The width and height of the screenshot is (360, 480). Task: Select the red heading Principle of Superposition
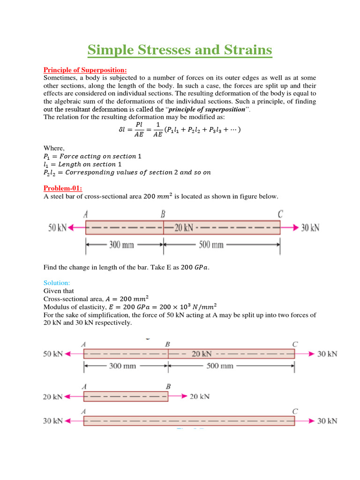pos(85,70)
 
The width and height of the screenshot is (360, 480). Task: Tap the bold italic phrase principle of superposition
pos(207,109)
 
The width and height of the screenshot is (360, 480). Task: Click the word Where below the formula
pos(54,148)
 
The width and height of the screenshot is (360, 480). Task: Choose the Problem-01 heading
pos(62,188)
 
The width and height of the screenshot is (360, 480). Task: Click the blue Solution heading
pos(56,283)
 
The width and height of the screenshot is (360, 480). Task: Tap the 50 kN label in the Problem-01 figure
pos(58,228)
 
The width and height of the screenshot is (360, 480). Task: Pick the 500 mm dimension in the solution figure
pos(219,366)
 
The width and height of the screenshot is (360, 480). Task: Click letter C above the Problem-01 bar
pos(280,215)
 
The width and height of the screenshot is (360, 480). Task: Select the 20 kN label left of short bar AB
pos(52,397)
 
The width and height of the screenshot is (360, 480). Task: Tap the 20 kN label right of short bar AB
pos(199,397)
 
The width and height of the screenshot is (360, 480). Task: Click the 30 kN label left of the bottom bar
pos(52,421)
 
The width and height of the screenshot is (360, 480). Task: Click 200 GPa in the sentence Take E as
pos(195,268)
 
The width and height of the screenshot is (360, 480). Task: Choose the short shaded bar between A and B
pos(126,397)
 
